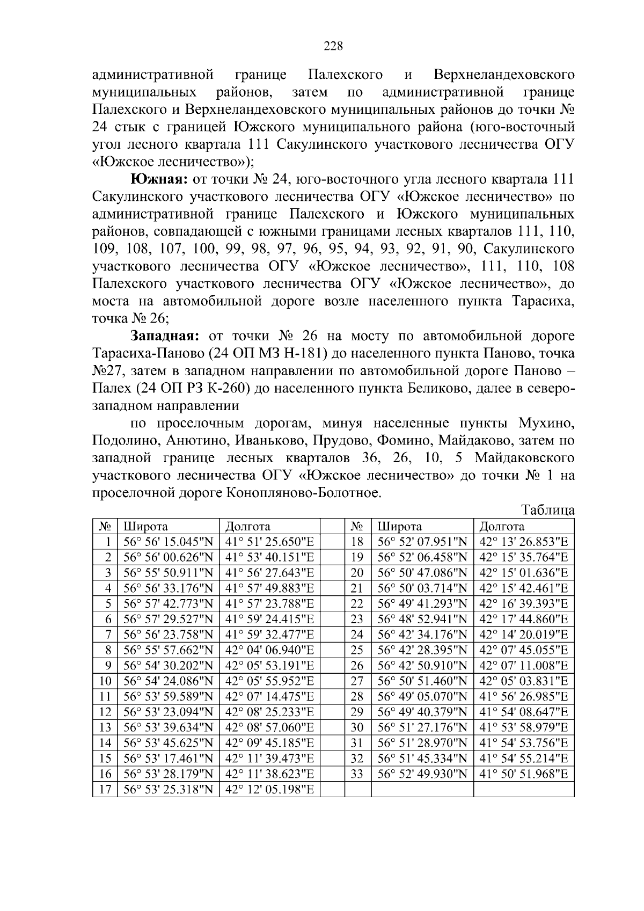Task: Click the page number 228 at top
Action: point(333,46)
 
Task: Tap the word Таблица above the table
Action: point(548,510)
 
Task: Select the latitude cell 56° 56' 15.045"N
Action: point(168,542)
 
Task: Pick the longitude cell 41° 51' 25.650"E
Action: point(269,542)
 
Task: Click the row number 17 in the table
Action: point(105,790)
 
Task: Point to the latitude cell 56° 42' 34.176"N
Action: point(422,635)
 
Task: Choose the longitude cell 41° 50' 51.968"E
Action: point(523,774)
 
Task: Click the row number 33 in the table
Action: point(357,774)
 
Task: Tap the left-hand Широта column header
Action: point(145,526)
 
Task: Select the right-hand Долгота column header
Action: point(501,526)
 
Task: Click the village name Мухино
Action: point(546,424)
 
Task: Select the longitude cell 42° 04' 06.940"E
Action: point(269,650)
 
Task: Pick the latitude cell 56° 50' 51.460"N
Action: point(422,681)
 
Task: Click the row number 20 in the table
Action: point(357,573)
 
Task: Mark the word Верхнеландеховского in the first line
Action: point(504,74)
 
